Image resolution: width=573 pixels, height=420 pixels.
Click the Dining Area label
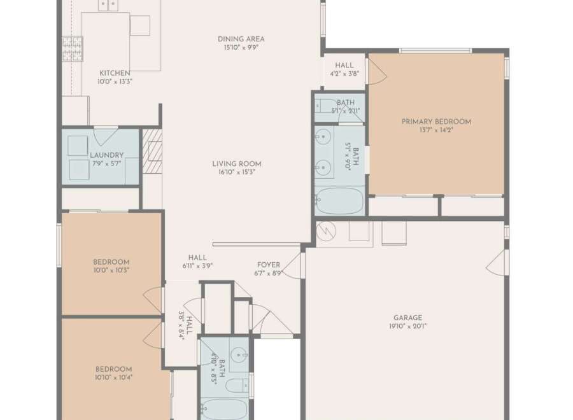pos(241,39)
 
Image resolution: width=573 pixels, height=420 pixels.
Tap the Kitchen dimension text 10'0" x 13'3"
pos(115,81)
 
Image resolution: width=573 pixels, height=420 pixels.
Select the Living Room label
pos(237,164)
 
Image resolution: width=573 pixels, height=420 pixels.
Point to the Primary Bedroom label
pos(436,122)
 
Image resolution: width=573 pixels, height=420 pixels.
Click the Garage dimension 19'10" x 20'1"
pos(408,326)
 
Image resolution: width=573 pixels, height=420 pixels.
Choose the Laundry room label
pos(107,155)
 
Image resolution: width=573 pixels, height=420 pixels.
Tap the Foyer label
pos(269,265)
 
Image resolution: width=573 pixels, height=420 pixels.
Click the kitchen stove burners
pos(73,48)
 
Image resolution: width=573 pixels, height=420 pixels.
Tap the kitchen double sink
pos(108,5)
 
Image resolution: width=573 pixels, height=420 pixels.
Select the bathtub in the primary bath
pos(339,201)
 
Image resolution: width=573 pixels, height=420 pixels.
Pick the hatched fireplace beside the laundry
pos(152,151)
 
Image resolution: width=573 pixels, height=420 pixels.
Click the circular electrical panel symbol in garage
pos(326,231)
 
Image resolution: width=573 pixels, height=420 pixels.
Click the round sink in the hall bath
pos(239,354)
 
